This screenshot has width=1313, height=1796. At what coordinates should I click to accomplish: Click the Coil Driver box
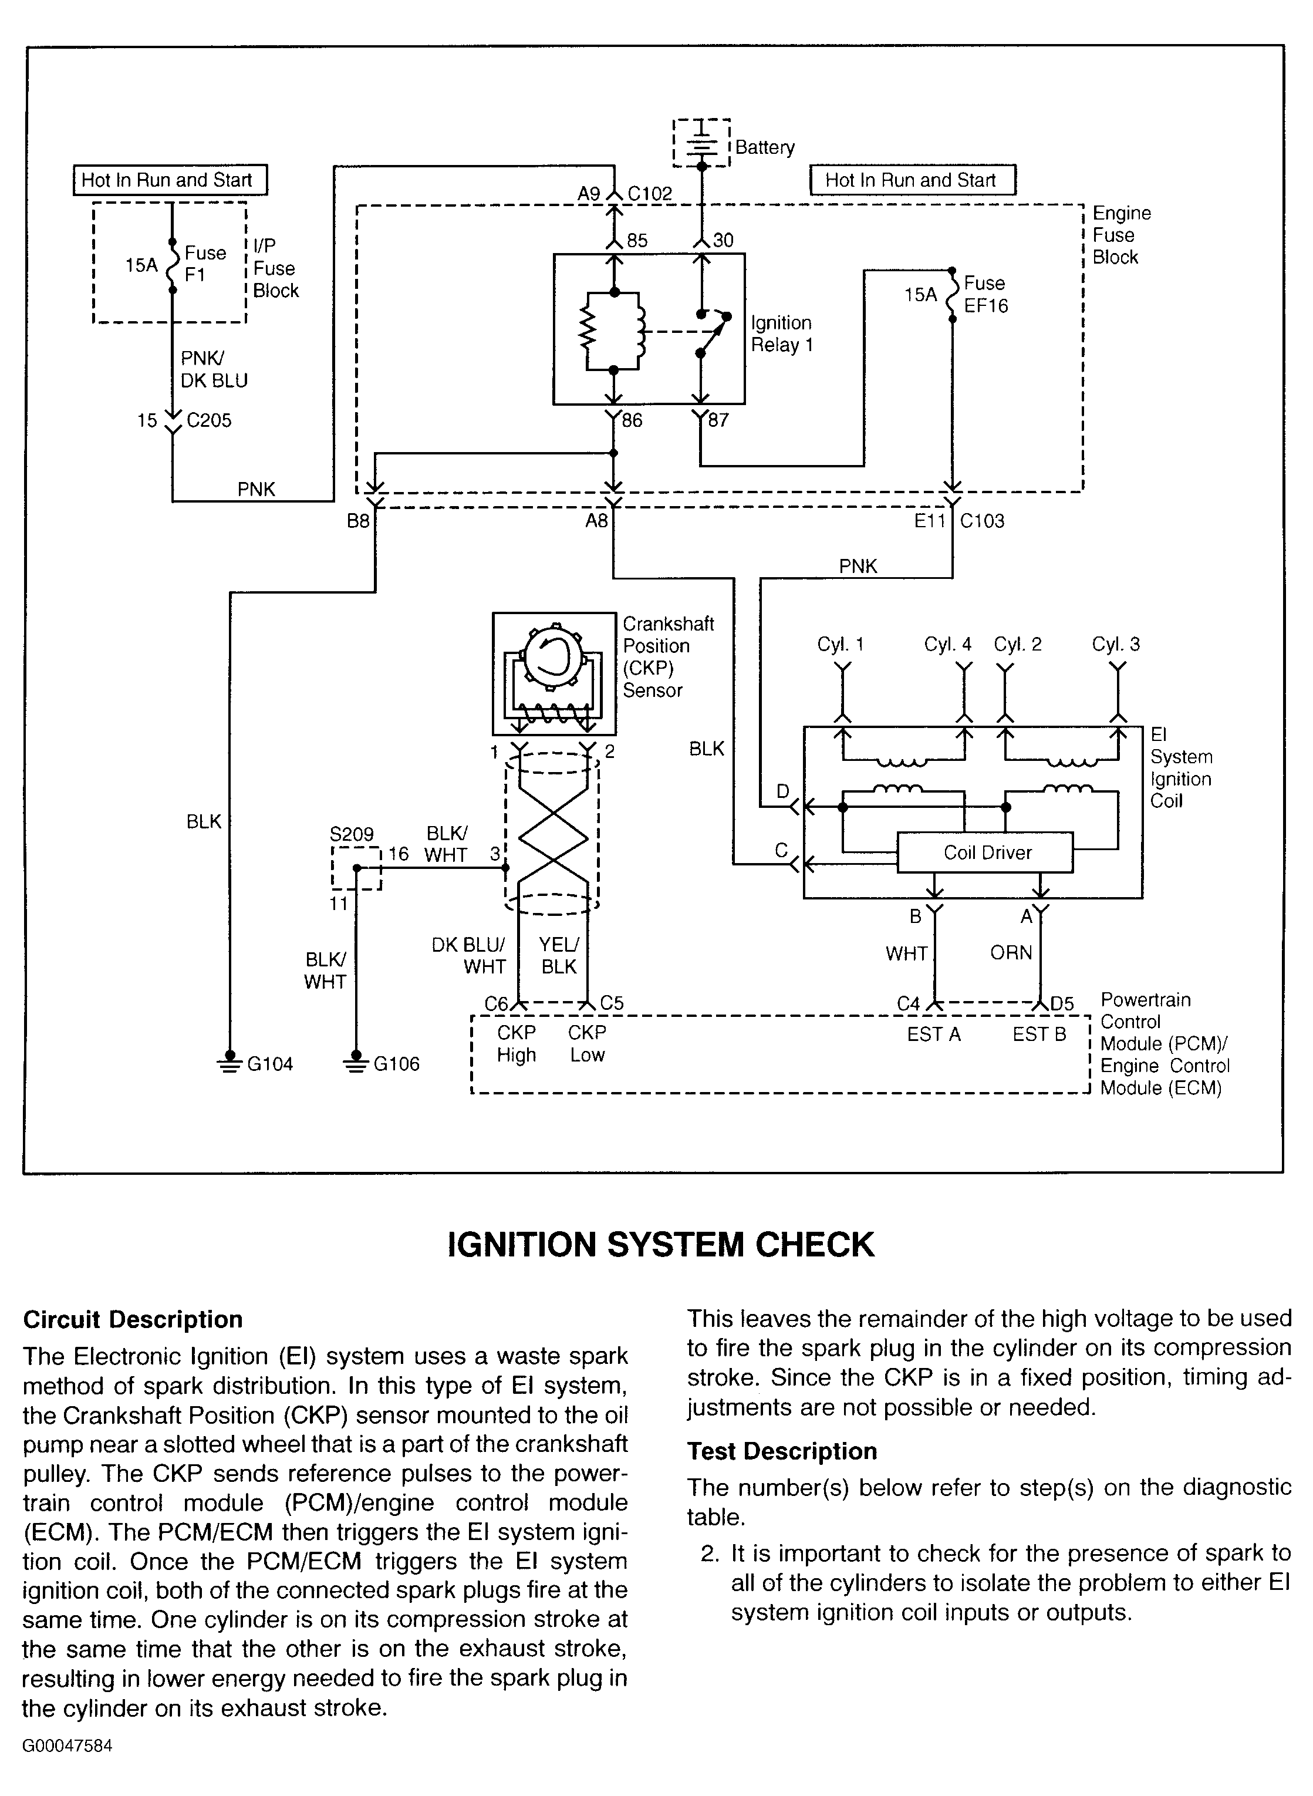985,852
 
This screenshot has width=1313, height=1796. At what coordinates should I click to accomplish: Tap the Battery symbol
701,143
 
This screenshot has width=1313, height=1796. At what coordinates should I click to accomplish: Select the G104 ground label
270,1064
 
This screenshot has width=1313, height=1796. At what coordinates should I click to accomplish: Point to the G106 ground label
397,1064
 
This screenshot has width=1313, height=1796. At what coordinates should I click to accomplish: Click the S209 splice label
352,834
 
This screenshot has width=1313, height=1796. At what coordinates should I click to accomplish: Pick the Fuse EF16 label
985,294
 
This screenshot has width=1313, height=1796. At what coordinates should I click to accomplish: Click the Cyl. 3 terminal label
1116,644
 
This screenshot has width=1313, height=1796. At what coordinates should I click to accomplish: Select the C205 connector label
209,420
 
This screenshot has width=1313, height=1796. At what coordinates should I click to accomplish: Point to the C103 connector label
983,521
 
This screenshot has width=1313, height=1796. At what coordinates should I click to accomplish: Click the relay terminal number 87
718,420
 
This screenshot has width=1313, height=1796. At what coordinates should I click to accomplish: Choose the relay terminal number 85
637,240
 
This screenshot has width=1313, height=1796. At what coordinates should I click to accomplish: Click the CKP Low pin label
588,1043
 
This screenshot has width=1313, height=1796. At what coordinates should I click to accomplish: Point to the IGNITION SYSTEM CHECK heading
661,1245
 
